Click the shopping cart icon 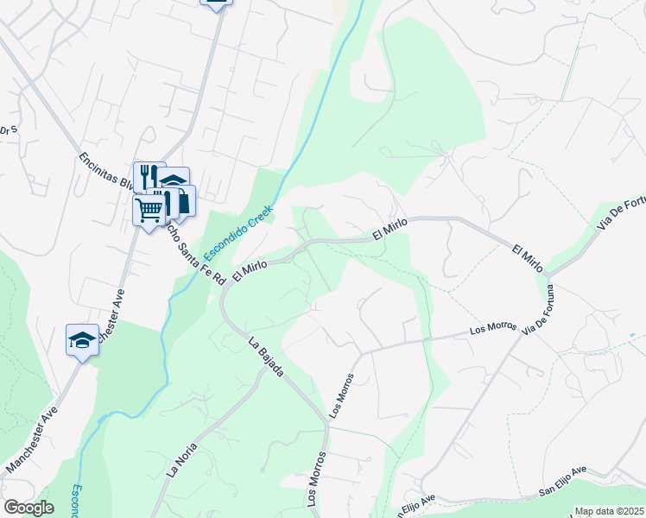click(x=149, y=209)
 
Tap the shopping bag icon click(x=182, y=202)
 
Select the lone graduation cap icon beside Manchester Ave click(x=82, y=339)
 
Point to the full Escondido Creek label click(x=238, y=233)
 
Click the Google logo click(x=28, y=508)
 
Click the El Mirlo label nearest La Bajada click(x=250, y=268)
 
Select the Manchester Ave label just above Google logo click(x=32, y=441)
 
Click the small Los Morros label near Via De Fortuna click(x=493, y=329)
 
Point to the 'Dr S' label click(x=8, y=131)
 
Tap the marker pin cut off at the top click(x=216, y=3)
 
